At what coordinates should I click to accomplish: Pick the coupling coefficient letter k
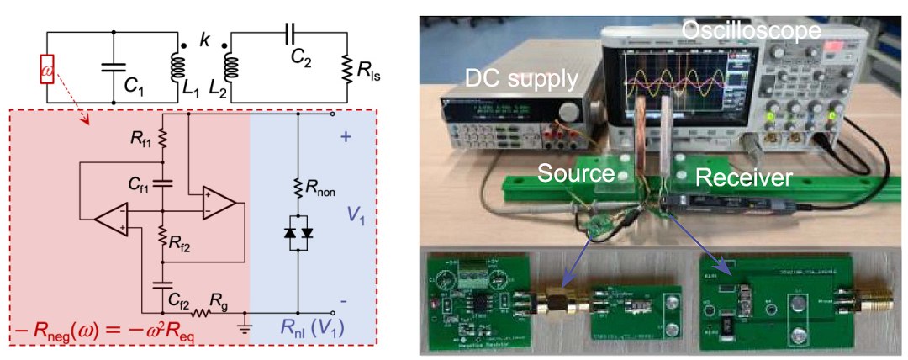tap(203, 40)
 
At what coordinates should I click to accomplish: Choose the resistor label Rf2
tap(179, 246)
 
